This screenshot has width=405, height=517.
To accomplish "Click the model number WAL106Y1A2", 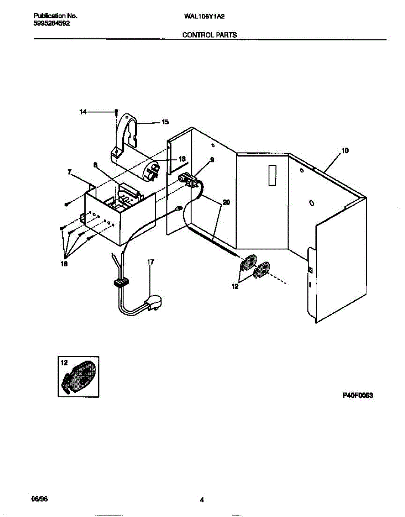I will (205, 16).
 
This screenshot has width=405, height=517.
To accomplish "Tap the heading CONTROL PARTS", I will (210, 35).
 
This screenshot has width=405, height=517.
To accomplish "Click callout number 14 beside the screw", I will (83, 112).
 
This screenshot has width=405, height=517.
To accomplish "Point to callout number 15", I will (165, 122).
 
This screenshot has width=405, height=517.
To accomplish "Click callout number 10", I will (345, 151).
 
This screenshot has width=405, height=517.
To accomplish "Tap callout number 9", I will (212, 160).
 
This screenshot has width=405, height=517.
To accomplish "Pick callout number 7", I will (69, 171).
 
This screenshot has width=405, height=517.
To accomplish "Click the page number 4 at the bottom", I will (201, 500).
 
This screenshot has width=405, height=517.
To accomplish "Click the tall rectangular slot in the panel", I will (272, 176).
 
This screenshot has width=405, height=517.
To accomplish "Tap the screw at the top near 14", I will (116, 112).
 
